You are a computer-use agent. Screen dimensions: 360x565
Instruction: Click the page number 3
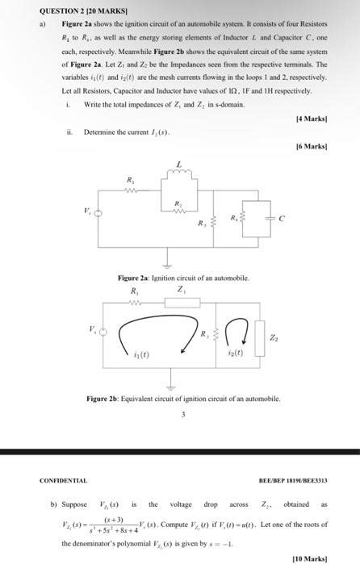tap(183, 415)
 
